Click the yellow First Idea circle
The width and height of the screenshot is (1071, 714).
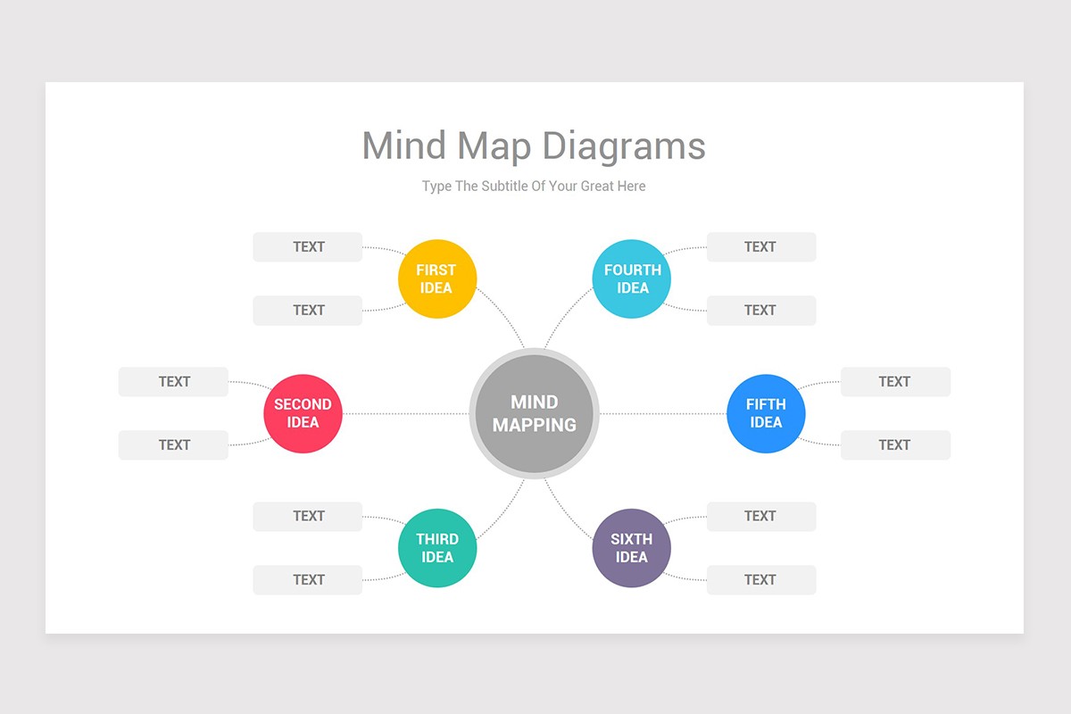click(437, 278)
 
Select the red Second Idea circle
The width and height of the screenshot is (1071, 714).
click(303, 413)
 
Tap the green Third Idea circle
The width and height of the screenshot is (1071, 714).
click(437, 548)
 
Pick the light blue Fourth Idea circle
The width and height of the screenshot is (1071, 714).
click(632, 278)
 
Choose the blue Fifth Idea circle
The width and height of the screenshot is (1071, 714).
click(766, 413)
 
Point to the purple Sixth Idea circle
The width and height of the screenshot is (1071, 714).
click(632, 548)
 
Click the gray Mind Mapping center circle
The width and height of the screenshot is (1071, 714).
click(534, 413)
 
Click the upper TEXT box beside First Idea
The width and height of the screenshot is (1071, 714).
click(308, 247)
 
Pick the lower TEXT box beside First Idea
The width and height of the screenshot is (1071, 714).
click(308, 311)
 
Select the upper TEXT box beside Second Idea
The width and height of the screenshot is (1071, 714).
click(174, 382)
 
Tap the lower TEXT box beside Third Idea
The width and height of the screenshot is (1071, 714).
click(308, 580)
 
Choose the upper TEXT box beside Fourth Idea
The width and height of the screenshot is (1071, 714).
click(760, 247)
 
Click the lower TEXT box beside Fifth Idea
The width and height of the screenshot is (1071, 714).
click(895, 445)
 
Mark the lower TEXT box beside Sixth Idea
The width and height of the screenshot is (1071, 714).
click(760, 580)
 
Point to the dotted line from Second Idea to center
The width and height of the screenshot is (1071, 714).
click(406, 413)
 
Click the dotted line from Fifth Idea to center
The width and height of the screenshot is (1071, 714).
click(662, 413)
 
